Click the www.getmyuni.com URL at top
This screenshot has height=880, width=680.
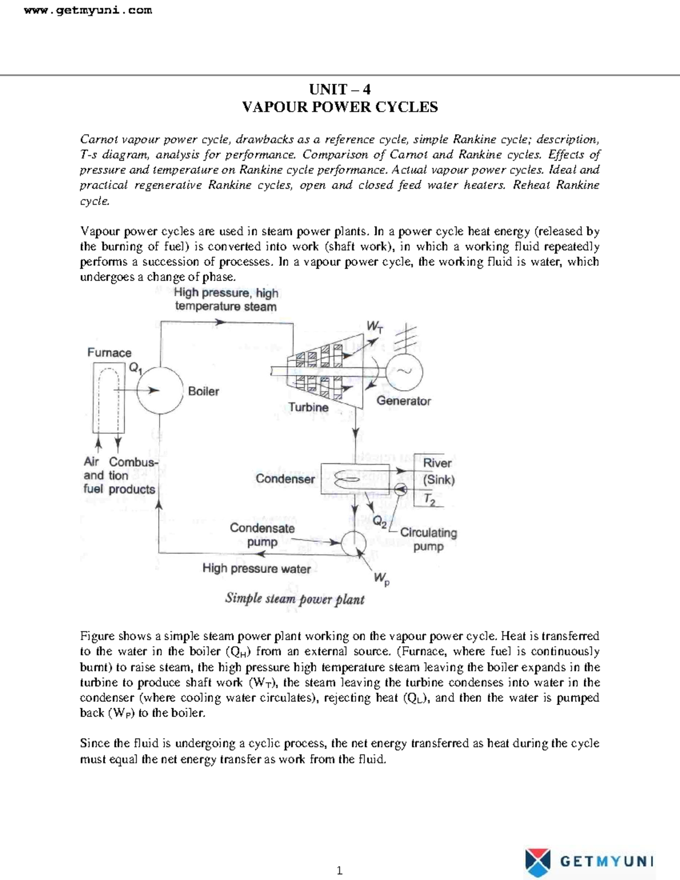[x=88, y=10]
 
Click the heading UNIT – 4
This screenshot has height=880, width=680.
[x=339, y=90]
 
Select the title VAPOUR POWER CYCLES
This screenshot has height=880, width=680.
[x=339, y=107]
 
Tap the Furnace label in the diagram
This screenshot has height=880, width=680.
[x=109, y=352]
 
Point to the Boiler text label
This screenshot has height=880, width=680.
[x=203, y=391]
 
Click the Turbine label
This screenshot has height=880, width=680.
[x=308, y=407]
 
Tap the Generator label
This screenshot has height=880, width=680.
[x=403, y=401]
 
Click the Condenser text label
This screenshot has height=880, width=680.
[x=285, y=479]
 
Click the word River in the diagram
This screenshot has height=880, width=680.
[x=437, y=463]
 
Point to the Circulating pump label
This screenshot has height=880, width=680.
[x=428, y=539]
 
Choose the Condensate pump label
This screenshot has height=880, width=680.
[x=262, y=535]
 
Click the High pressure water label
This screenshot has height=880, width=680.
[x=256, y=568]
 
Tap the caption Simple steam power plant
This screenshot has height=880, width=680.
[x=295, y=599]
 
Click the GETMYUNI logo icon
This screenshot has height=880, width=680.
[x=538, y=861]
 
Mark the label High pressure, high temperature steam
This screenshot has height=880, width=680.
[x=226, y=300]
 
